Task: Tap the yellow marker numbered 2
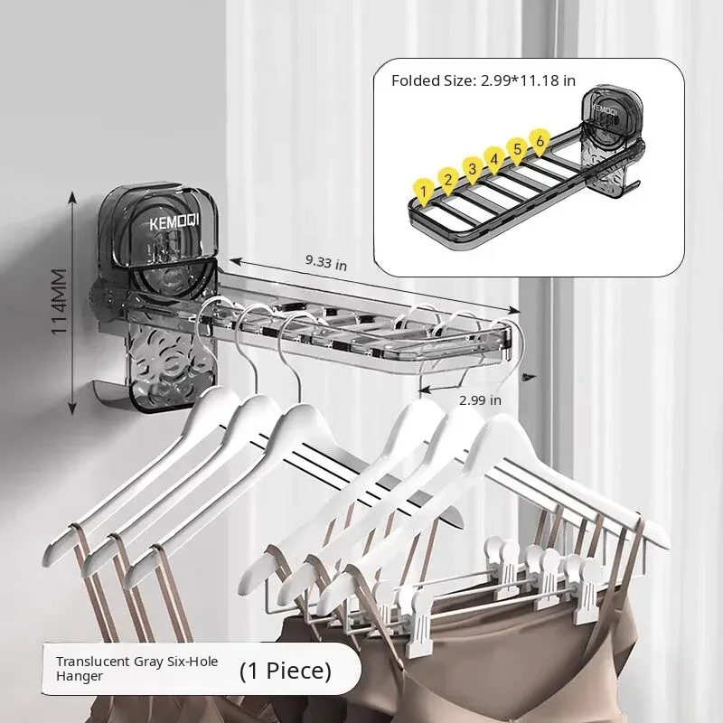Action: click(x=447, y=180)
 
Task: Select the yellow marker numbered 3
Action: click(x=472, y=169)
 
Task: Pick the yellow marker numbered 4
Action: click(x=493, y=160)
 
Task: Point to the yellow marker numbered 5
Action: click(x=517, y=149)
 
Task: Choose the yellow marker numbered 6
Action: click(x=540, y=141)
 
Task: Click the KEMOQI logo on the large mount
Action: click(x=174, y=222)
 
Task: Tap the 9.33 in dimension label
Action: click(x=326, y=262)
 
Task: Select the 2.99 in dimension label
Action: click(x=480, y=400)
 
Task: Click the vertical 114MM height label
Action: click(x=60, y=302)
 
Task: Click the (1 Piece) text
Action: click(x=286, y=671)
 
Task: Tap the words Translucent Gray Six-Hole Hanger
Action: click(x=136, y=669)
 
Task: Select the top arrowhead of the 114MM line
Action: click(x=71, y=198)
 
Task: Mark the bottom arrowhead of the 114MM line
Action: click(x=72, y=408)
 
